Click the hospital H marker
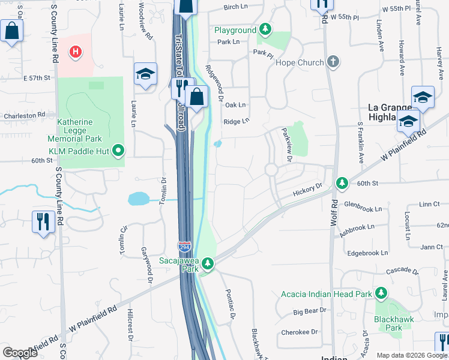[x=75, y=52]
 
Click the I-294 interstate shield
[x=185, y=247]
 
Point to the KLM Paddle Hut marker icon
[x=118, y=150]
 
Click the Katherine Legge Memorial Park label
[x=75, y=131]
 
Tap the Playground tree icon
[x=265, y=30]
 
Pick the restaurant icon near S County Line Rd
[x=43, y=221]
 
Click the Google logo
[x=20, y=353]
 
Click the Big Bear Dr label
[x=309, y=311]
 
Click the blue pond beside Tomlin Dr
[x=137, y=199]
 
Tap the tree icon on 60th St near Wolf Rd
[x=342, y=182]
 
